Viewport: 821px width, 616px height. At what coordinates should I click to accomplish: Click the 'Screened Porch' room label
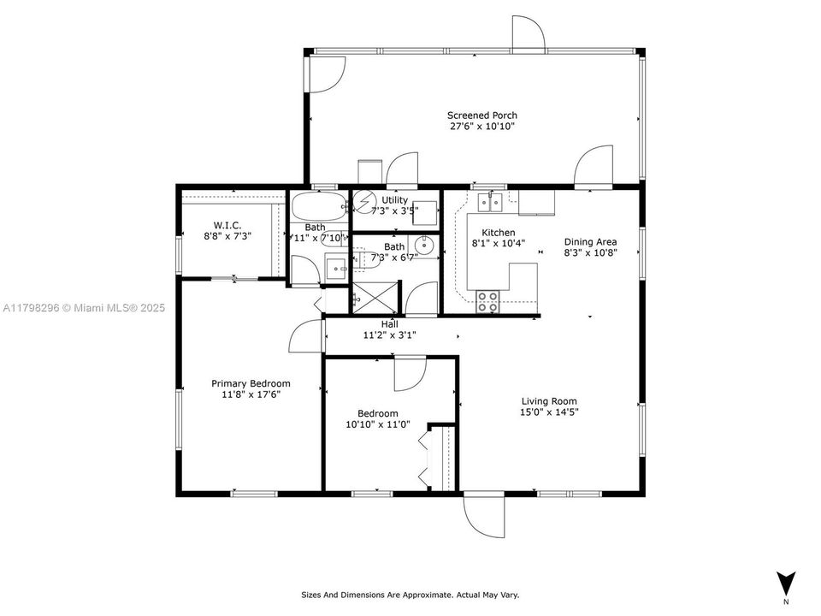click(x=481, y=115)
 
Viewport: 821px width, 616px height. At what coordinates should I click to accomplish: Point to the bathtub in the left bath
click(x=317, y=206)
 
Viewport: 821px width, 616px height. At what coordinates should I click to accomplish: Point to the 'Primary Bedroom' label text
click(x=251, y=383)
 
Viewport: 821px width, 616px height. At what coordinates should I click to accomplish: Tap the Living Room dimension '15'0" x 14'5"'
click(x=549, y=412)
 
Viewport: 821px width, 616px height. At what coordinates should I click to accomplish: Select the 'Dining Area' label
click(x=590, y=242)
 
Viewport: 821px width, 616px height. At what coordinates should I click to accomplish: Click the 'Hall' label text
click(x=389, y=324)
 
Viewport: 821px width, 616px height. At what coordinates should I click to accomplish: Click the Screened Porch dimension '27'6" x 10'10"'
click(x=481, y=127)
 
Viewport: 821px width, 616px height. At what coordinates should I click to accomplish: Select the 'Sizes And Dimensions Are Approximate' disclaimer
click(x=410, y=595)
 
